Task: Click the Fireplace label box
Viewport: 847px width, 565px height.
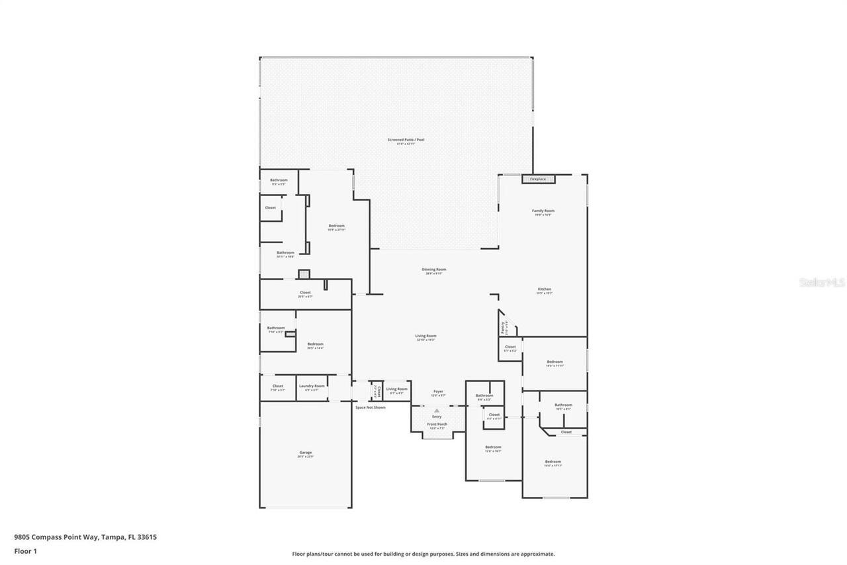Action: tap(538, 179)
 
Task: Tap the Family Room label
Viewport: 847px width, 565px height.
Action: tap(543, 211)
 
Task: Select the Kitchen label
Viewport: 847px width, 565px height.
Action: tap(544, 289)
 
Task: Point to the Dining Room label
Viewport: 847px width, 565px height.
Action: tap(434, 270)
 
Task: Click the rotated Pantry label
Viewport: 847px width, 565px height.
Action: tap(504, 327)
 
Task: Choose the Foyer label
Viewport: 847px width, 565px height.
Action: tap(438, 391)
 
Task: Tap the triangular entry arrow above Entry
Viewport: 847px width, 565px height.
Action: tap(437, 411)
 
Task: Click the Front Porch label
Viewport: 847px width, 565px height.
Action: tap(437, 424)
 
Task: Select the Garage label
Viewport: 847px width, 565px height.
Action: tap(305, 453)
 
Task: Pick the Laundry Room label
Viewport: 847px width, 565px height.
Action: tap(312, 386)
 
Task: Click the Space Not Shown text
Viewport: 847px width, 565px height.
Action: tap(370, 407)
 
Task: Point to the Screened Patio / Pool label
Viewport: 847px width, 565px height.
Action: tap(406, 140)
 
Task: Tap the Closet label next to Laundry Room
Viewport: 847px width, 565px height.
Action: tap(278, 386)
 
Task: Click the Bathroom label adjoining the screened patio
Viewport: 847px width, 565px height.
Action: tap(279, 180)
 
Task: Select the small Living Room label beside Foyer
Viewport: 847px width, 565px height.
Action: tap(397, 389)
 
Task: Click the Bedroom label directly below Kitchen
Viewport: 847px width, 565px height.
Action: tap(555, 362)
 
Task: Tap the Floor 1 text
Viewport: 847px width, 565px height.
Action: tap(25, 550)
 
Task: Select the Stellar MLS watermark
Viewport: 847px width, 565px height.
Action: tap(822, 282)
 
